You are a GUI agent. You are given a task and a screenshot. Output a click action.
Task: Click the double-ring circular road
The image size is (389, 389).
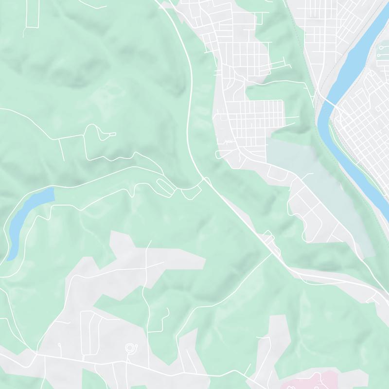click(130, 348)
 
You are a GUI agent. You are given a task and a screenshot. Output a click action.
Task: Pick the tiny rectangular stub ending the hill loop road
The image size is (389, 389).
click(112, 134)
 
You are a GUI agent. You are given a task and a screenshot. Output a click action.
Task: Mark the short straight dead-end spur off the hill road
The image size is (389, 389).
click(63, 148)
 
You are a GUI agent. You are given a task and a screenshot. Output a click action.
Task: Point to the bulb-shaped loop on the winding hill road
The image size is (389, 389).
click(92, 131)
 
